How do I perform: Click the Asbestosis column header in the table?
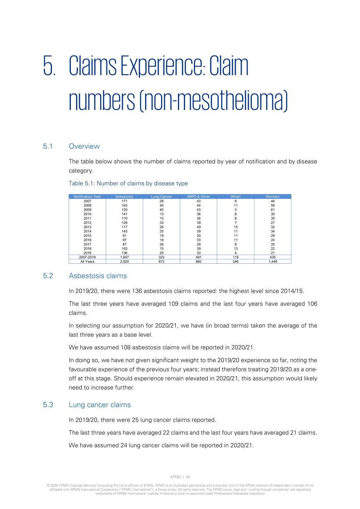point(124,197)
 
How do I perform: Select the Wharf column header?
point(235,197)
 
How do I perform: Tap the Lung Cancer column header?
point(161,197)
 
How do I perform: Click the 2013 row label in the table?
point(87,227)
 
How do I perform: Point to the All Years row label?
point(87,262)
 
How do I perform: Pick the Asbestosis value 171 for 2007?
point(124,201)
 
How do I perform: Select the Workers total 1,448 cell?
point(273,262)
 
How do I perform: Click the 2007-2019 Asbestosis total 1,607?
point(124,257)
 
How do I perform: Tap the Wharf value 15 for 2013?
point(235,227)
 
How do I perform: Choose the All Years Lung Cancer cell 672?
point(161,262)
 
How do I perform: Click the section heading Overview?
point(84,147)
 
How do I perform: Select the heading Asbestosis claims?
point(98,276)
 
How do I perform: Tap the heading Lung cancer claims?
point(100,405)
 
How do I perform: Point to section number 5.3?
point(48,405)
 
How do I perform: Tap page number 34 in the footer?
point(188,477)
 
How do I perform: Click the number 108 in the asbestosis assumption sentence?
point(125,348)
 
